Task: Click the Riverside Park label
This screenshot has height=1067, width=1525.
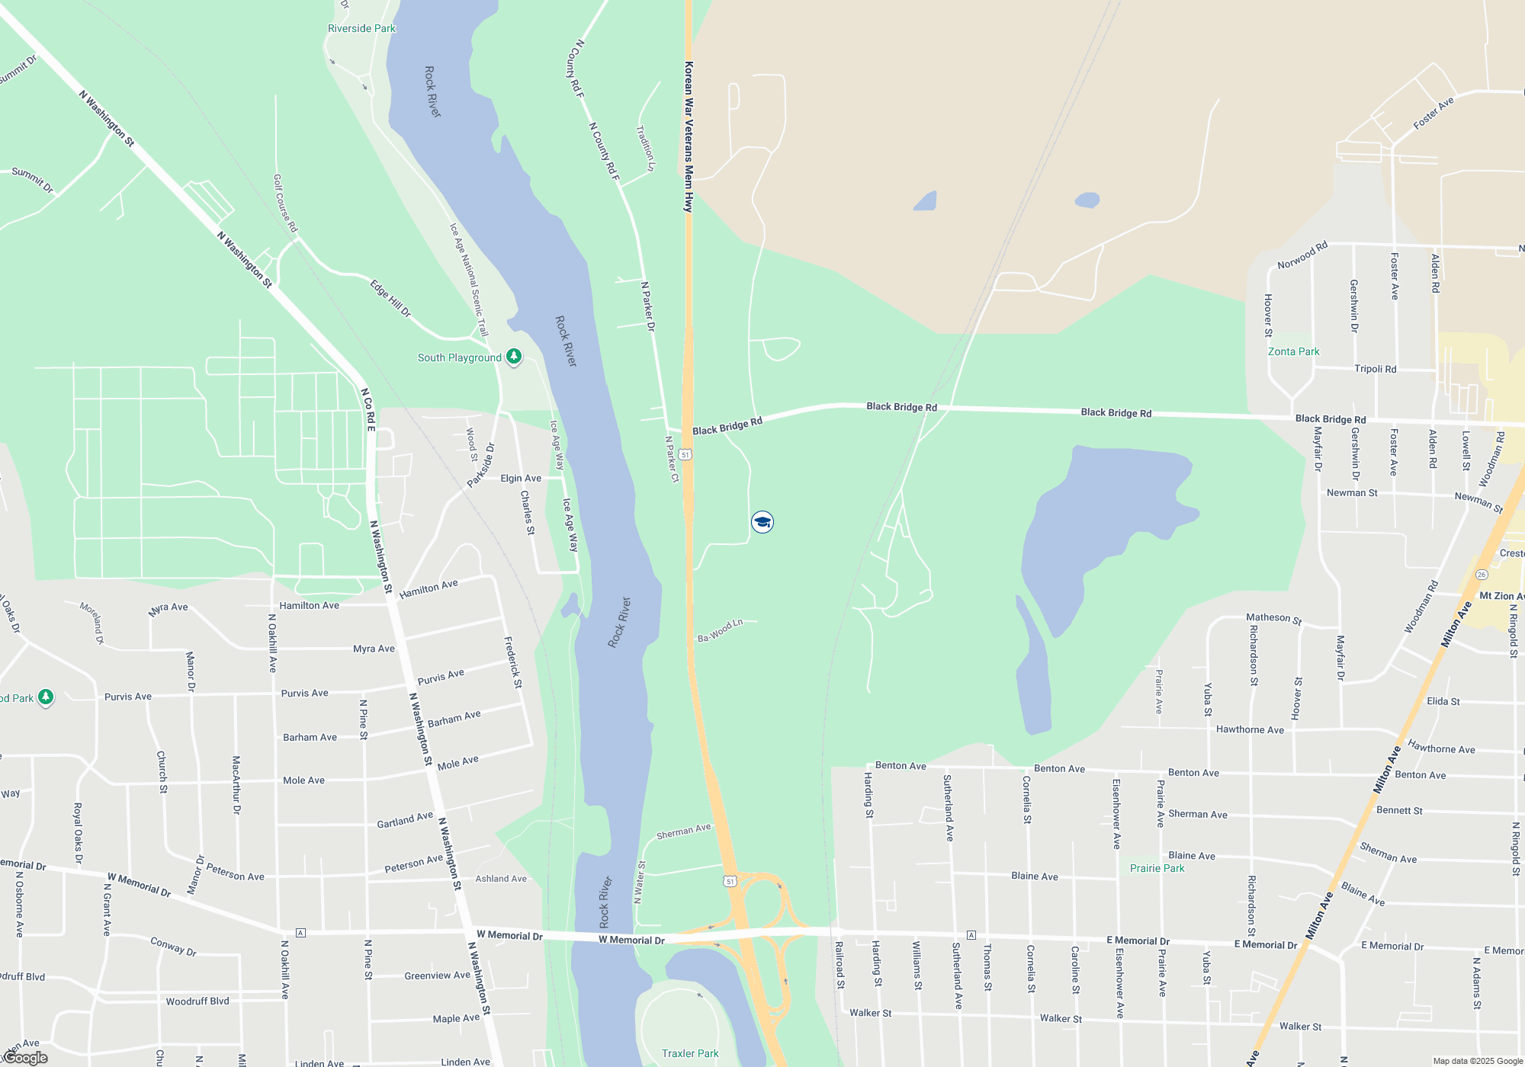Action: tap(361, 29)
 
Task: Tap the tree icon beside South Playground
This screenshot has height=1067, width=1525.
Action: tap(514, 356)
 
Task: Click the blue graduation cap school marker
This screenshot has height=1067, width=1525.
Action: tap(762, 522)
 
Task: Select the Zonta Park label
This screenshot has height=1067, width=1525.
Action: tap(1293, 351)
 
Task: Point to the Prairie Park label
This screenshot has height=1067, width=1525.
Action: tap(1157, 868)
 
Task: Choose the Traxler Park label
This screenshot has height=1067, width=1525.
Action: tap(690, 1053)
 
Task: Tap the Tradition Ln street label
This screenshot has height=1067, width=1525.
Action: tap(646, 148)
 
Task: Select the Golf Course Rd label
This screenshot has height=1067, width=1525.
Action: tap(285, 203)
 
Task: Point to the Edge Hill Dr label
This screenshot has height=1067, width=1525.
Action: tap(390, 298)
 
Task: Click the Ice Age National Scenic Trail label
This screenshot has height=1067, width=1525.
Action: tap(468, 280)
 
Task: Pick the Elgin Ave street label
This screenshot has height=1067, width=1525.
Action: tap(521, 479)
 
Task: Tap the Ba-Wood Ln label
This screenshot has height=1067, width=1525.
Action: tap(720, 630)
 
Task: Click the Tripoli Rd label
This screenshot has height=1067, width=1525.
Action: tap(1375, 369)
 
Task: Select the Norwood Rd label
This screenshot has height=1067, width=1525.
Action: tap(1302, 255)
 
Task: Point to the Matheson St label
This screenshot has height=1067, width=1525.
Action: tap(1273, 618)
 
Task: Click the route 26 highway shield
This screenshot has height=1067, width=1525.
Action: tap(1482, 575)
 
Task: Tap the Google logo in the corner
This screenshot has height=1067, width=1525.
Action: tap(25, 1058)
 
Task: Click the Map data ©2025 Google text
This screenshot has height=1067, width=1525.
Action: tap(1478, 1061)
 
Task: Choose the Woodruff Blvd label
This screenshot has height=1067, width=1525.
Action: tap(197, 1001)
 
